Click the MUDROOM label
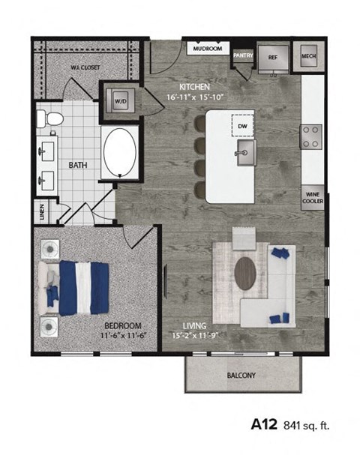pyautogui.click(x=207, y=49)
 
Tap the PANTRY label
pyautogui.click(x=242, y=55)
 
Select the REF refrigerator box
pyautogui.click(x=272, y=56)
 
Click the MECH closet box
pyautogui.click(x=309, y=56)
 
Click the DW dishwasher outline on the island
pyautogui.click(x=241, y=126)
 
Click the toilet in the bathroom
pyautogui.click(x=52, y=118)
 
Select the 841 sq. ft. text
pyautogui.click(x=307, y=426)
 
